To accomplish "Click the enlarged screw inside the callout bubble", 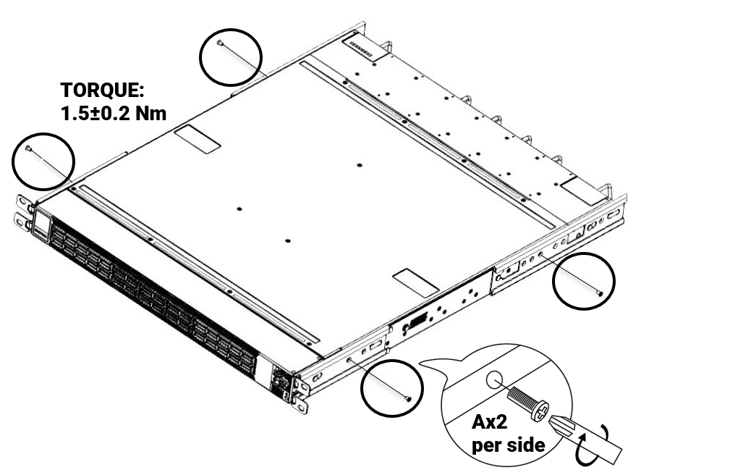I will click(x=527, y=400).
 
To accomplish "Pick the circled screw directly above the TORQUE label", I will click(x=220, y=44).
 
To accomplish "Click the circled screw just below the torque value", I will click(x=29, y=148).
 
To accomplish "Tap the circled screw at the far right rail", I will click(x=600, y=290).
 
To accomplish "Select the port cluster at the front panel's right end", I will click(x=279, y=378).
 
